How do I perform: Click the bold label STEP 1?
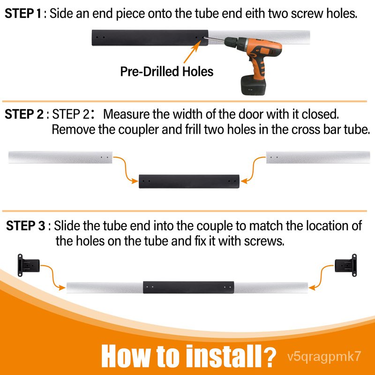coord(23,14)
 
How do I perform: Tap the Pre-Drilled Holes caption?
coord(167,72)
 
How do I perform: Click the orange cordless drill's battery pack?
coord(253,85)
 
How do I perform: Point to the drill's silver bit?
coord(214,39)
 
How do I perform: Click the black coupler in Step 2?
coord(189,181)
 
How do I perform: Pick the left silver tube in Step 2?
coord(60,157)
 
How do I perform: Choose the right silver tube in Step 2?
coord(318,157)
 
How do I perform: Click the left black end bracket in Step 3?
coord(29,265)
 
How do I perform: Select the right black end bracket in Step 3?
coord(346,265)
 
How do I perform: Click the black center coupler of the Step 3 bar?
coord(188,287)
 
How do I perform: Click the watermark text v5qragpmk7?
coord(324,357)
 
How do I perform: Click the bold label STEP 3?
coord(25,226)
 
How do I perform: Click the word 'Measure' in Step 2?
coord(127,114)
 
